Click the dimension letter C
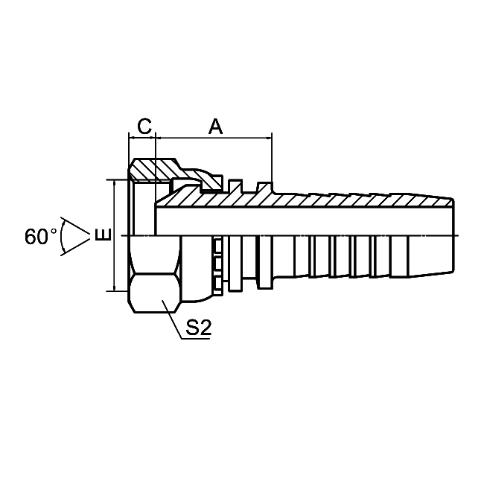pos(144,126)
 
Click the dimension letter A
pos(215,126)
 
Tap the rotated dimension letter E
pos(103,235)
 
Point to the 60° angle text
pos(41,237)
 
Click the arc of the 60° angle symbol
pos(61,236)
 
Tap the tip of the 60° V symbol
pos(90,236)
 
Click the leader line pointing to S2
pos(172,319)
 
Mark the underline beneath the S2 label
pos(196,339)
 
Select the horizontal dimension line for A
pos(214,138)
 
